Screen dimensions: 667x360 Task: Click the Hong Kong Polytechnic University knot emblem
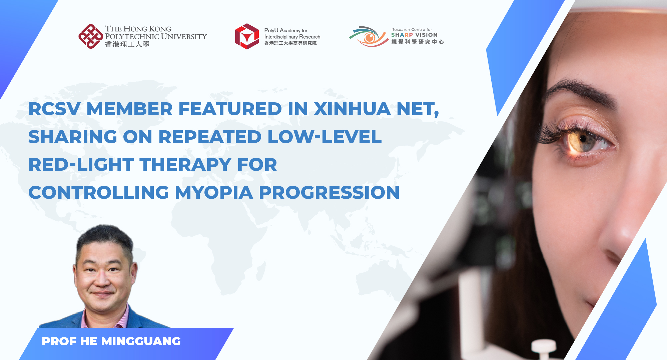pyautogui.click(x=91, y=36)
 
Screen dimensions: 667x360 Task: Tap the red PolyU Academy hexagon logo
pyautogui.click(x=247, y=36)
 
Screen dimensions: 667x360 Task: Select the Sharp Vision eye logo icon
pyautogui.click(x=369, y=36)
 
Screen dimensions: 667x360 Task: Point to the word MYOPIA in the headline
pyautogui.click(x=214, y=192)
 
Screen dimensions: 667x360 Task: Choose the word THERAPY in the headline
pyautogui.click(x=185, y=165)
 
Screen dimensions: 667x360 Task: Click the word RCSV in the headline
pyautogui.click(x=54, y=109)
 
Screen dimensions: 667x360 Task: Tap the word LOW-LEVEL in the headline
pyautogui.click(x=324, y=137)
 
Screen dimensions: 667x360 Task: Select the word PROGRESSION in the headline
pyautogui.click(x=329, y=192)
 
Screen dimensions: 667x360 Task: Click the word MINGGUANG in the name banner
pyautogui.click(x=141, y=341)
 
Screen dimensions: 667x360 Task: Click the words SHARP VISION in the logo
pyautogui.click(x=414, y=35)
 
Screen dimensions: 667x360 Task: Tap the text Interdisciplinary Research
pyautogui.click(x=292, y=37)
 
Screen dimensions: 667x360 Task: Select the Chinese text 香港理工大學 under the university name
pyautogui.click(x=127, y=44)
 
